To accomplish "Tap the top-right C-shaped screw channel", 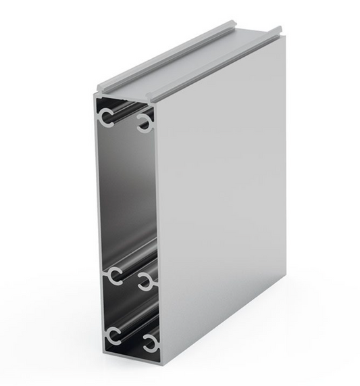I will click(145, 122).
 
